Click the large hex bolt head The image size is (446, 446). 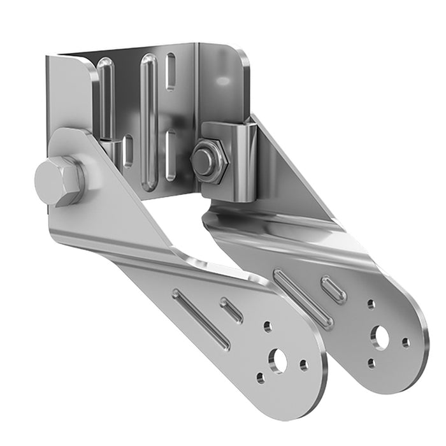click(58, 181)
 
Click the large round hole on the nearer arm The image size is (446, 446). click(278, 361)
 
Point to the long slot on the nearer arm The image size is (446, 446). click(201, 319)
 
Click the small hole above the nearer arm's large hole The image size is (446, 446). click(268, 327)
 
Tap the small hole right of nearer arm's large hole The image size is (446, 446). click(303, 365)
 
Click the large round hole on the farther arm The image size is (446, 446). click(380, 337)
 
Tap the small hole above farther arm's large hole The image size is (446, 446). click(371, 305)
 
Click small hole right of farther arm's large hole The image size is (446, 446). click(405, 343)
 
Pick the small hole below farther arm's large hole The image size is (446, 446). click(371, 363)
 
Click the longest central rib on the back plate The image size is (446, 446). click(148, 121)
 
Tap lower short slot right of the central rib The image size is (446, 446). click(171, 155)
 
